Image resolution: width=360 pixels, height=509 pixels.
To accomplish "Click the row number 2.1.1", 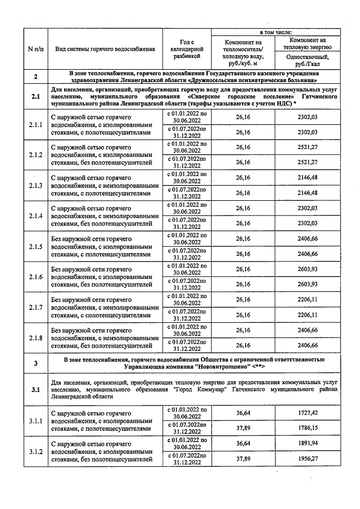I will (x=35, y=124).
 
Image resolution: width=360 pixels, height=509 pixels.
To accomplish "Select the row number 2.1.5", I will (x=35, y=246).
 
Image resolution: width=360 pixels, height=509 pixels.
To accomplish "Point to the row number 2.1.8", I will (x=35, y=337).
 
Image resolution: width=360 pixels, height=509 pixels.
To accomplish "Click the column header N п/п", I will (x=35, y=49).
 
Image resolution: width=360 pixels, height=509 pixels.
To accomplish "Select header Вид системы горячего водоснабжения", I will (x=105, y=49).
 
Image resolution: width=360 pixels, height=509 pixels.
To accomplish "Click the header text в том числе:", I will (x=274, y=34).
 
